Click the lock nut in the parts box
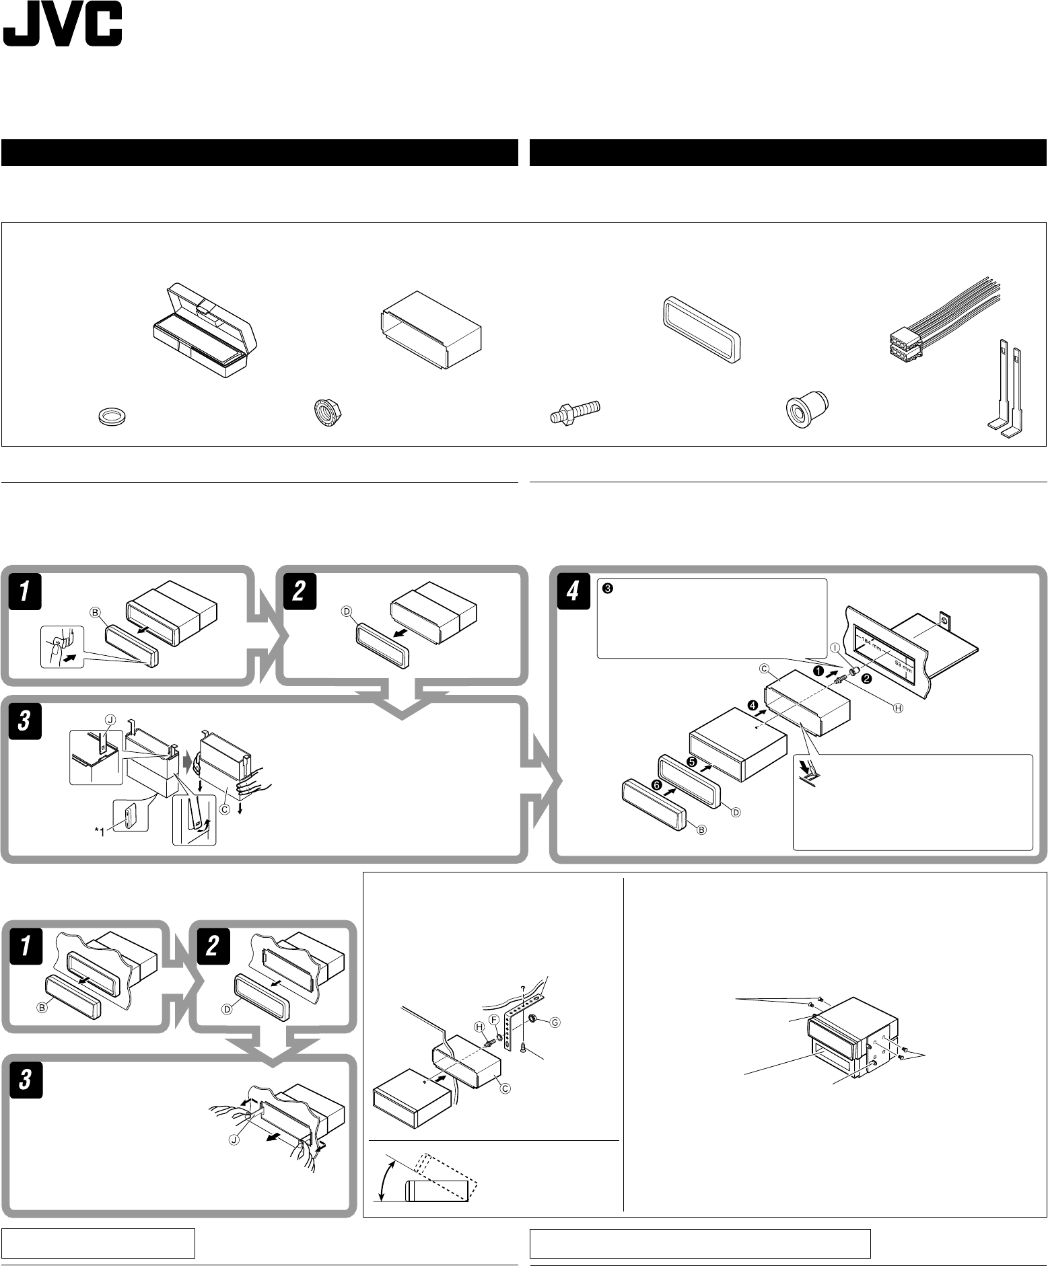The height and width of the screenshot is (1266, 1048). pos(327,412)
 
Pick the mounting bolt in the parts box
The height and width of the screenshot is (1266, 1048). pos(573,412)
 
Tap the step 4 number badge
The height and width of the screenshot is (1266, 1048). pos(571,592)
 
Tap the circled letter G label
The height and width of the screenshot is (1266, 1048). pos(555,1022)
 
